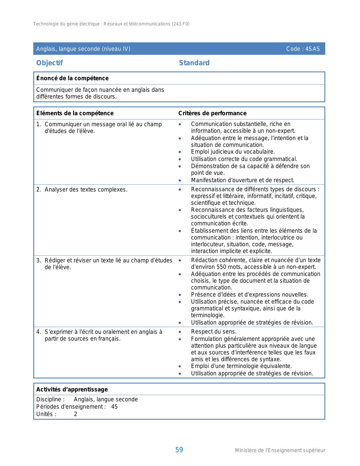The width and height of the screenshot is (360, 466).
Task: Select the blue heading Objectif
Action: click(x=49, y=63)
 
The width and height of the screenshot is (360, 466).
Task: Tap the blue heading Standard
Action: click(x=194, y=63)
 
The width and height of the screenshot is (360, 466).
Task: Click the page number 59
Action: click(x=179, y=450)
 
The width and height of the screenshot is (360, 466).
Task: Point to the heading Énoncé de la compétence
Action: click(x=72, y=78)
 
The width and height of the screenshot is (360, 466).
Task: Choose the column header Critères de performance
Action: click(x=212, y=113)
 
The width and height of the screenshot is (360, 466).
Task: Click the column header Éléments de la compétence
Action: click(x=75, y=113)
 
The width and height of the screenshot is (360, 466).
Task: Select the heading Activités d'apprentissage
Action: click(x=72, y=389)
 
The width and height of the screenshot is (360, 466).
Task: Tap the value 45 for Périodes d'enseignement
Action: click(x=114, y=407)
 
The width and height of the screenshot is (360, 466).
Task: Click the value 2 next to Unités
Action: click(x=75, y=414)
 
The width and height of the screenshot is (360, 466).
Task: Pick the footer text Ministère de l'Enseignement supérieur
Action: click(x=280, y=450)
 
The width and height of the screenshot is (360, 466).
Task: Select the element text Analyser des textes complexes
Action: click(x=86, y=190)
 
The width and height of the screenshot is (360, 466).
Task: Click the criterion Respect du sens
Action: click(x=214, y=332)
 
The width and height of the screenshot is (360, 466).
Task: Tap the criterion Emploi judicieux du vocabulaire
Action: click(x=233, y=152)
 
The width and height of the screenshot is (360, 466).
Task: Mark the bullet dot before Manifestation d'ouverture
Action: click(x=180, y=180)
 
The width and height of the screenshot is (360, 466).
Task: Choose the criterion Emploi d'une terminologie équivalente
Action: click(x=241, y=366)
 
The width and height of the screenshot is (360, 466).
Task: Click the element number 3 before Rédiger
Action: click(x=38, y=260)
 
